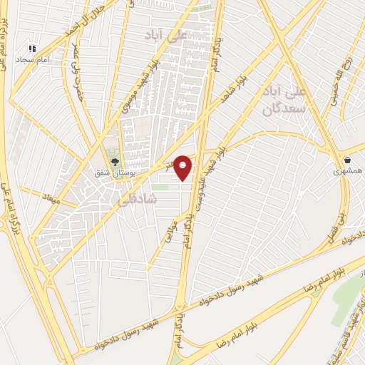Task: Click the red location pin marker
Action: coord(183,167)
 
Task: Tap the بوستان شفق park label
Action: coord(113,173)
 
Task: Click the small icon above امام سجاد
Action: coord(31,48)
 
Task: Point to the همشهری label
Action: coord(348,172)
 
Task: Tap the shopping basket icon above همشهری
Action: coord(347,160)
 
